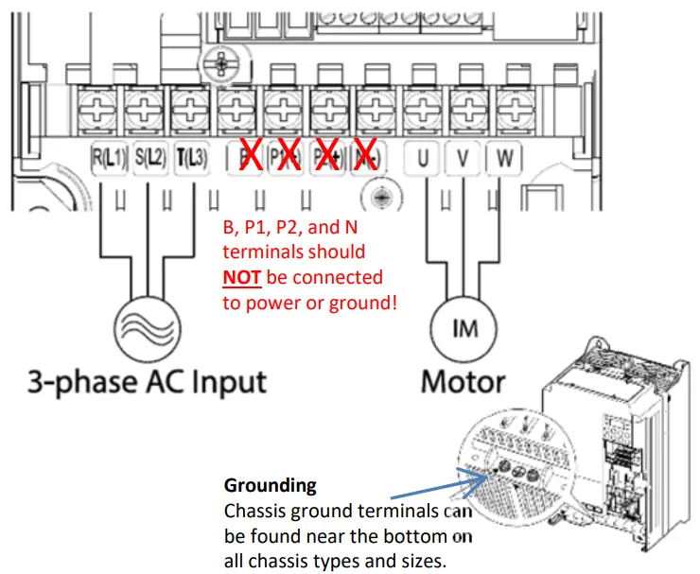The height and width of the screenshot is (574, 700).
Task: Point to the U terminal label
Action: [422, 159]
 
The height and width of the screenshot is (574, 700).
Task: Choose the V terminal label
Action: [463, 159]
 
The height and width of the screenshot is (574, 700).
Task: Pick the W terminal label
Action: [503, 159]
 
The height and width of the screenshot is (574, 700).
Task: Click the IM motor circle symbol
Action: [464, 327]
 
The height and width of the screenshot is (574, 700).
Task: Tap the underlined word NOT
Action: [245, 277]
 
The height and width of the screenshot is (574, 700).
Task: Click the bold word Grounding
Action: [270, 486]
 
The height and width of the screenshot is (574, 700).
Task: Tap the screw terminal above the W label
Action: [512, 106]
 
